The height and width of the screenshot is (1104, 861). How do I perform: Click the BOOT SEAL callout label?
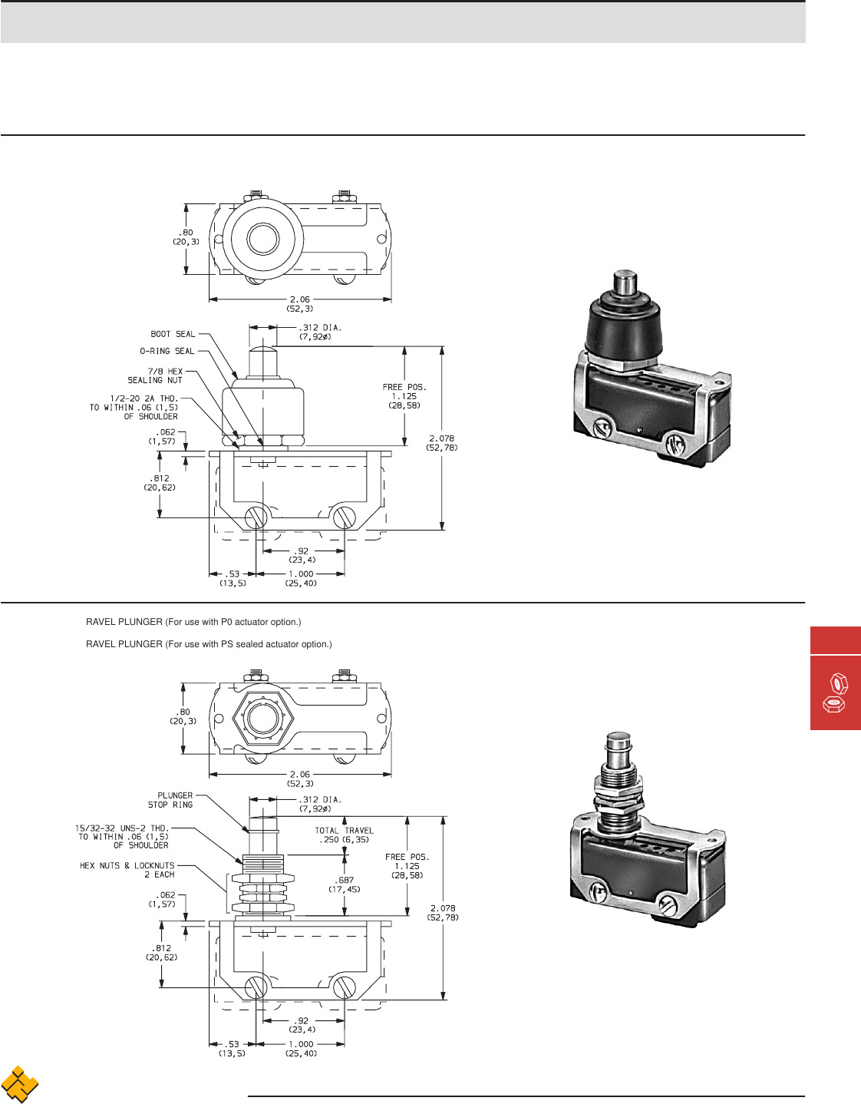pyautogui.click(x=173, y=334)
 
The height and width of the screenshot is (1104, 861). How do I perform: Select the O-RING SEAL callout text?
pyautogui.click(x=167, y=351)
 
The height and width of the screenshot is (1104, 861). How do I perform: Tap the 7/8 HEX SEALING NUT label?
pyautogui.click(x=156, y=375)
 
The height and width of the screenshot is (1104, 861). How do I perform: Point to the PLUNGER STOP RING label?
pyautogui.click(x=171, y=800)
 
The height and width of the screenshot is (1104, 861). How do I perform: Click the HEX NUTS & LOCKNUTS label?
pyautogui.click(x=127, y=870)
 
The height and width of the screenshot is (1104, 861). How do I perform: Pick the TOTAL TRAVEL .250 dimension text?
pyautogui.click(x=344, y=835)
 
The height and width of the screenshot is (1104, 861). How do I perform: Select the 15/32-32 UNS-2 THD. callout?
pyautogui.click(x=122, y=837)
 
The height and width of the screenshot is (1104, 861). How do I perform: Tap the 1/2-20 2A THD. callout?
pyautogui.click(x=134, y=408)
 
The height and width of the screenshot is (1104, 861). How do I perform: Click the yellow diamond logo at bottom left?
pyautogui.click(x=20, y=1084)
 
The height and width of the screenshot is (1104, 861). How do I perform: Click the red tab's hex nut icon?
pyautogui.click(x=836, y=692)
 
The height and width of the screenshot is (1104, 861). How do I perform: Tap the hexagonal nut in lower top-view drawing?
pyautogui.click(x=262, y=719)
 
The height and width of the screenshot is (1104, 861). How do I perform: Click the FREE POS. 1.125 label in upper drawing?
pyautogui.click(x=404, y=396)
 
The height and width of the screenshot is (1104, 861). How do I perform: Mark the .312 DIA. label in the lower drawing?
pyautogui.click(x=320, y=804)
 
